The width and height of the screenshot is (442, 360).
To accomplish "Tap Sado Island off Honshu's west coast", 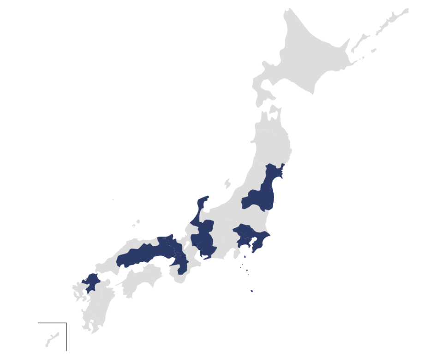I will tap(227, 183).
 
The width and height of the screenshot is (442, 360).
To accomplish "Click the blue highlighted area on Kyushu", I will tap(91, 282).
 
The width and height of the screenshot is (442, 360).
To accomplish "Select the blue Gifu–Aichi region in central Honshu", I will tap(203, 240).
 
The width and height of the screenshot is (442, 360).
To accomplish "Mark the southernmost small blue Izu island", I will tap(251, 291).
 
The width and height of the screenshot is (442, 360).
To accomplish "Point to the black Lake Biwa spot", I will tap(188, 247).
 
